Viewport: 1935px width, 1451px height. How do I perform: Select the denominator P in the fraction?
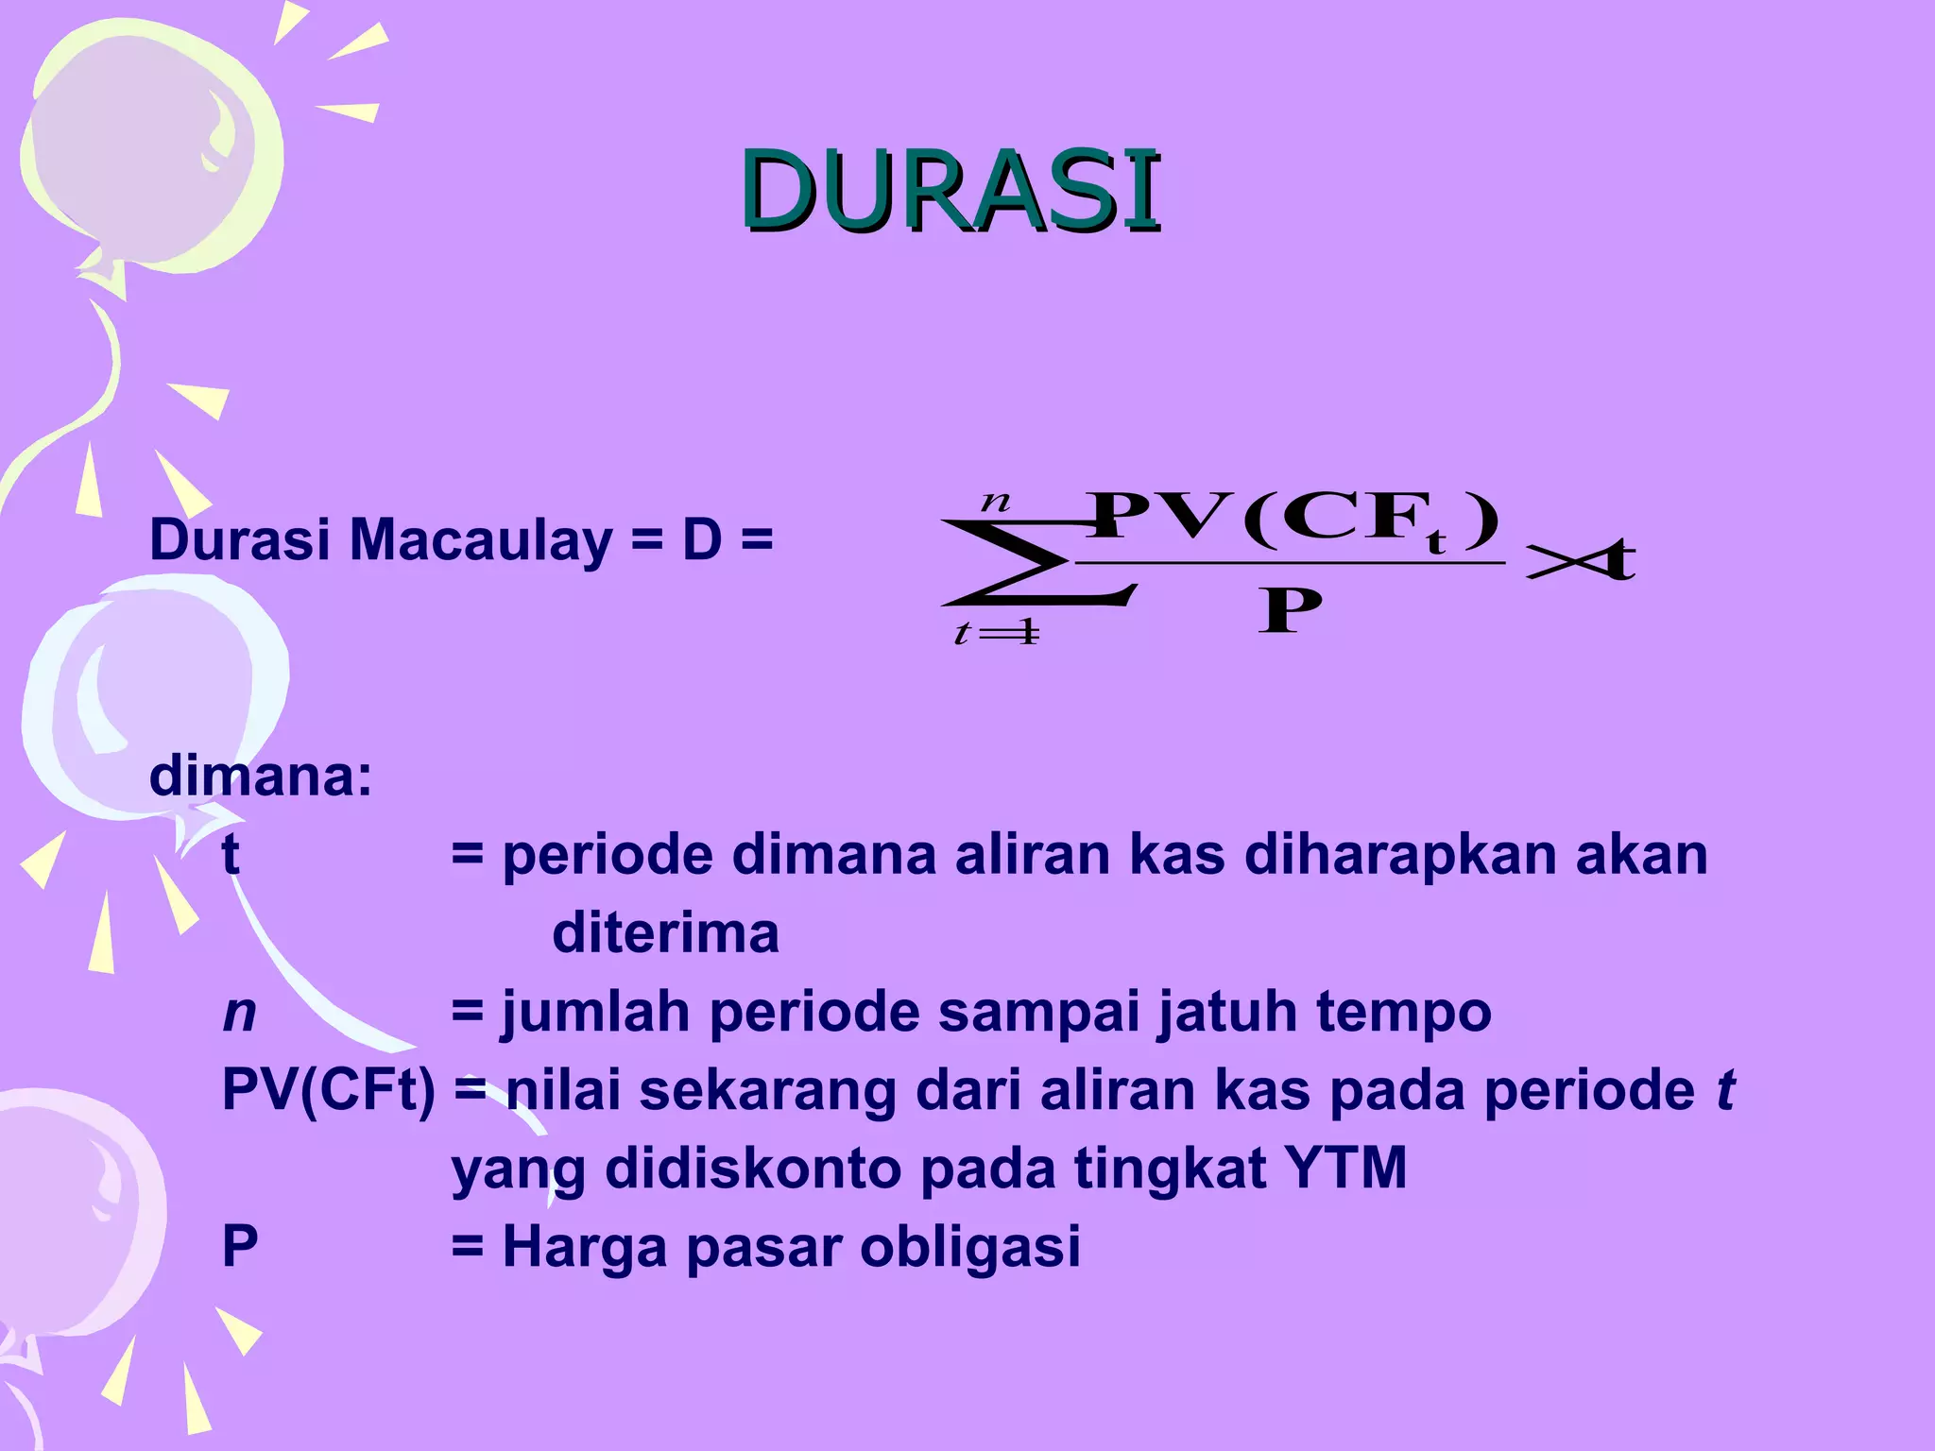1289,611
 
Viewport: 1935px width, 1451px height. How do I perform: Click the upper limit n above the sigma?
995,500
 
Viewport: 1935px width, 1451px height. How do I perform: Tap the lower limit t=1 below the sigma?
996,632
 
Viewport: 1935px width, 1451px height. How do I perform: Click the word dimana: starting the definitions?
261,777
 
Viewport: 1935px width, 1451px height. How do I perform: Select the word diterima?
665,933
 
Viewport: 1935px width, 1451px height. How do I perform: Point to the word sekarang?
767,1090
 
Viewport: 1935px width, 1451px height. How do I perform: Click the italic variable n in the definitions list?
239,1013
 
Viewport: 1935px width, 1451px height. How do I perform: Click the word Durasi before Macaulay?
240,541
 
